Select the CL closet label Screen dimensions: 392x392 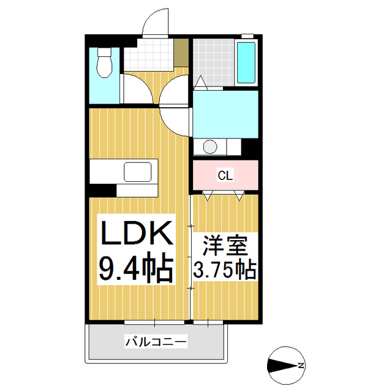(225, 176)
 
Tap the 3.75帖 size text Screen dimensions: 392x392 (225, 270)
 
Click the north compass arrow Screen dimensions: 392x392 (283, 366)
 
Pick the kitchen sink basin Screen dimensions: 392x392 (140, 171)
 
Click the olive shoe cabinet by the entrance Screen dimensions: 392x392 (181, 54)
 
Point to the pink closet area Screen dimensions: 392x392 (225, 176)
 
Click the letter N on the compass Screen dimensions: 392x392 (301, 366)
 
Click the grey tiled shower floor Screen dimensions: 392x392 (214, 61)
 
